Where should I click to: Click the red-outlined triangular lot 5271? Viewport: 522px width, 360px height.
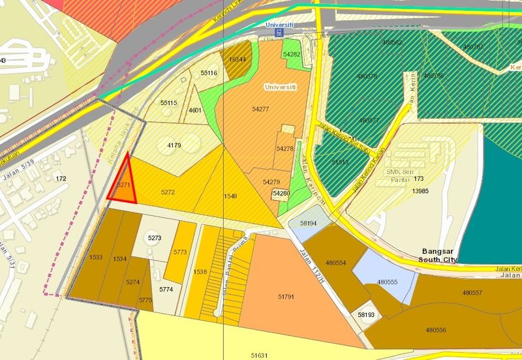(x=123, y=185)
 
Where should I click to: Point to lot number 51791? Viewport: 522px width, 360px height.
(x=286, y=297)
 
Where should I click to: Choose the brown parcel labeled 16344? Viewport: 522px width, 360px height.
(x=237, y=58)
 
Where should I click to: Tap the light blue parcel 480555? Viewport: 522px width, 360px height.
(x=387, y=282)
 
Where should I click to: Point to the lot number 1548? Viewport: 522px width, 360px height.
(x=230, y=196)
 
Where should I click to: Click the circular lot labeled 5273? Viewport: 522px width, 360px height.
(x=154, y=238)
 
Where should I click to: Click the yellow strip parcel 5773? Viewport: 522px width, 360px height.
(x=180, y=252)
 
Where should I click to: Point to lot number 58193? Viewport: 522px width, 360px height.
(x=366, y=315)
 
